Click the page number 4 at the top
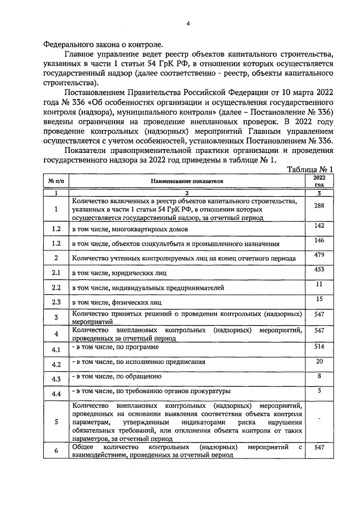click(188, 23)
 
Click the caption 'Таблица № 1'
click(310, 169)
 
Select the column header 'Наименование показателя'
click(187, 182)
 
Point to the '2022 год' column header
click(319, 181)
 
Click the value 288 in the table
click(319, 205)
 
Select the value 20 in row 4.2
click(319, 361)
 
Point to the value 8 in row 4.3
click(319, 376)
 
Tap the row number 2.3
click(56, 302)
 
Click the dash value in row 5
click(319, 419)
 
